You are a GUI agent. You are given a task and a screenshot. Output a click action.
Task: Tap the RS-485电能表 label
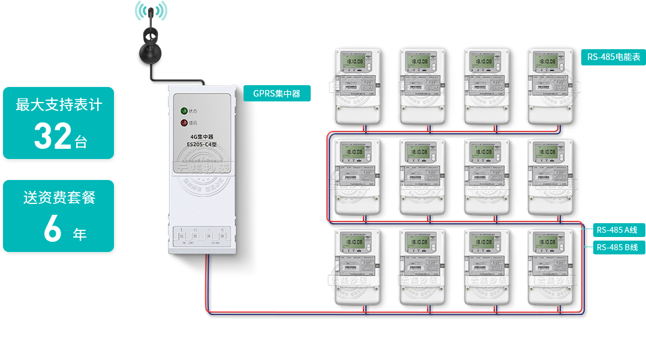613,57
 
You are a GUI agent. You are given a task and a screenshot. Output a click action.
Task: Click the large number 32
53,136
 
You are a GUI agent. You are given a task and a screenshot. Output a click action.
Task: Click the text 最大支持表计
59,106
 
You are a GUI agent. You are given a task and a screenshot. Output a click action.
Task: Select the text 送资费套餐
59,197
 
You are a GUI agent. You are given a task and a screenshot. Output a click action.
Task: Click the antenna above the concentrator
151,36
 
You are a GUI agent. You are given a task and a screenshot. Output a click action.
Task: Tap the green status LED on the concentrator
184,111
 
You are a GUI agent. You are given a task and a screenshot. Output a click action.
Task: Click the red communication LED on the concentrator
184,123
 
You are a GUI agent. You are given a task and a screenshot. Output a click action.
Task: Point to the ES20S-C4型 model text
202,144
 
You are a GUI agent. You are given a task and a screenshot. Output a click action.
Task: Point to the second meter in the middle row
422,176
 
